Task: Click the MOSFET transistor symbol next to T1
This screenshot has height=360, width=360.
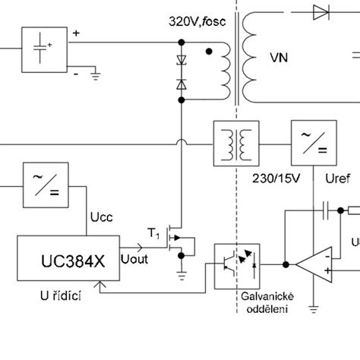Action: [180, 242]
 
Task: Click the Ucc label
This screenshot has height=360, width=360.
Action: [103, 219]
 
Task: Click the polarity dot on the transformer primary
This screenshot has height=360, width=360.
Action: [209, 51]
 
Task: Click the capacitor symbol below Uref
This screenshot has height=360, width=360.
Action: [324, 210]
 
